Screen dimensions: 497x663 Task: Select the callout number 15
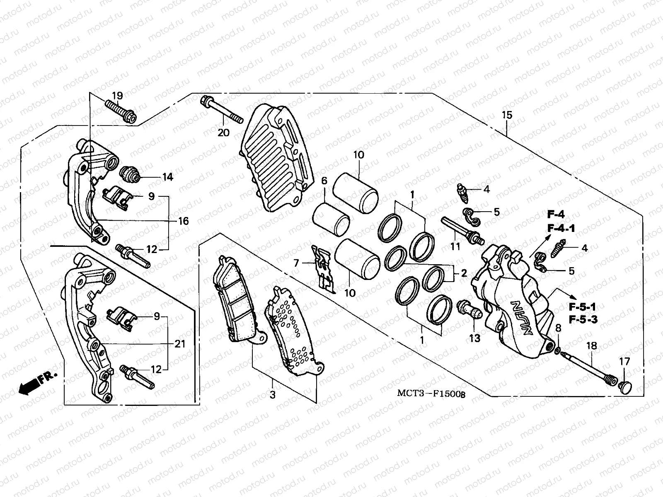point(507,115)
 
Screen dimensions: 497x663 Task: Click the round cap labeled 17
point(624,387)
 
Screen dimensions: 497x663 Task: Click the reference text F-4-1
point(561,228)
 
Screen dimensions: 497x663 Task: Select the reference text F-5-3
point(582,320)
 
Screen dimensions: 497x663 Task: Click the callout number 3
point(272,395)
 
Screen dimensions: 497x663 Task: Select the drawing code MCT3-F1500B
point(431,393)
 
